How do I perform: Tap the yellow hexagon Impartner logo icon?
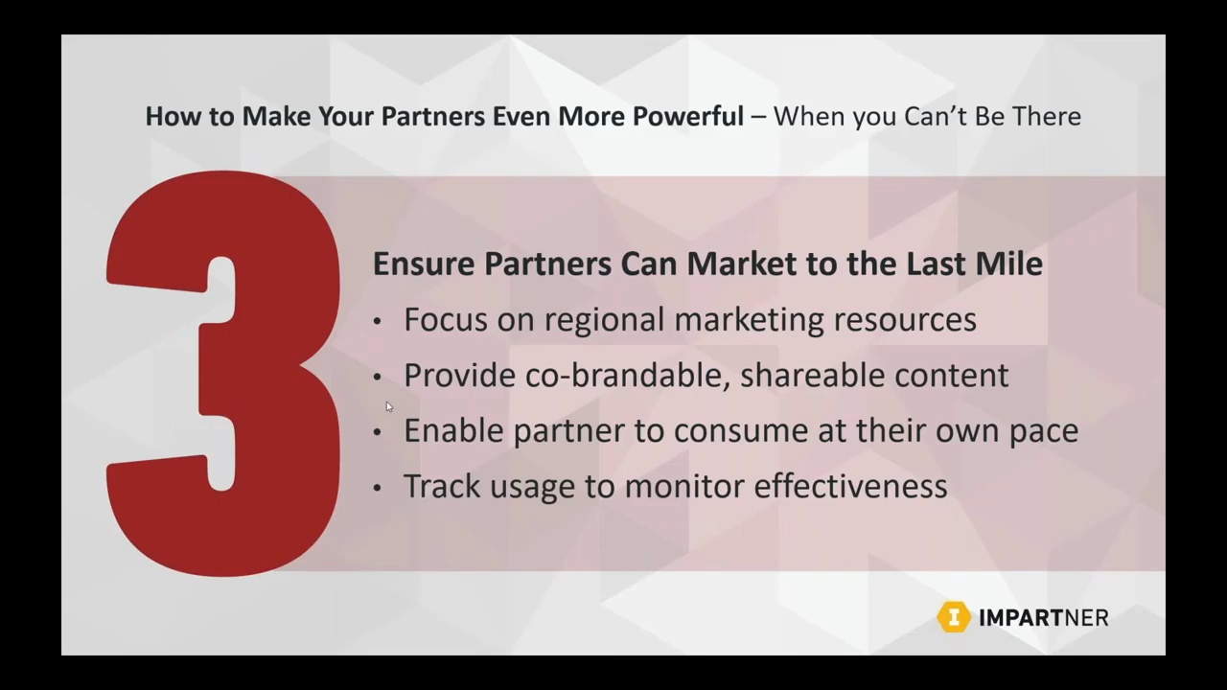click(953, 617)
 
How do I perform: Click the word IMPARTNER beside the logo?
click(1043, 618)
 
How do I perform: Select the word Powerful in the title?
click(687, 116)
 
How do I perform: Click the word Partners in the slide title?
click(433, 116)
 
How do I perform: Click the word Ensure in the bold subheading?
click(424, 264)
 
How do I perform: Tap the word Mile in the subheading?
click(1008, 264)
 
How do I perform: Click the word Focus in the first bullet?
click(446, 319)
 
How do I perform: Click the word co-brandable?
click(627, 375)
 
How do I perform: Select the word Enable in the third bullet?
click(453, 430)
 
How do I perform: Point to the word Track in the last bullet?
click(442, 486)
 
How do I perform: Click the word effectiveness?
click(850, 486)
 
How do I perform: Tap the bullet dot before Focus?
click(377, 321)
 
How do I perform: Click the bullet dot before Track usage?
click(377, 488)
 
